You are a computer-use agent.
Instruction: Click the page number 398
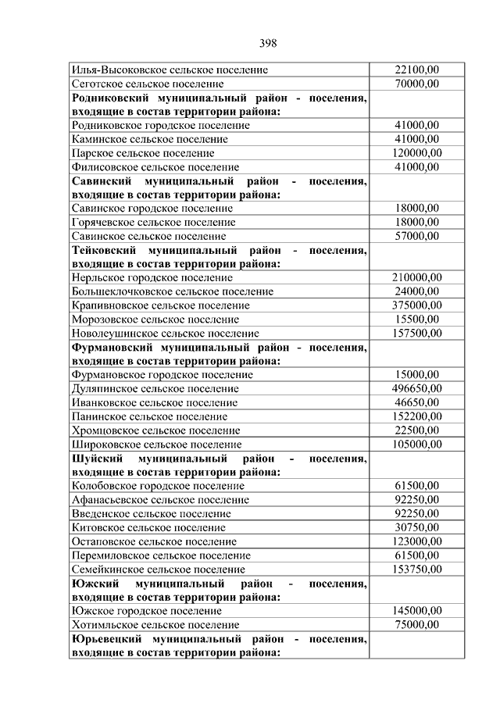click(x=266, y=42)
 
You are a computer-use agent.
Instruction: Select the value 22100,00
click(x=416, y=70)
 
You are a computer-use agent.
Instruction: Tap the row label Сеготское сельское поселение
click(x=147, y=84)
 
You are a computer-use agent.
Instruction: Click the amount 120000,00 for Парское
click(x=416, y=153)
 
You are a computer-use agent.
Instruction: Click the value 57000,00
click(x=416, y=236)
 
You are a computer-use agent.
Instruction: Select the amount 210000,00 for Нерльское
click(x=416, y=277)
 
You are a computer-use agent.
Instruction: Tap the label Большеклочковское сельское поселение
click(x=172, y=291)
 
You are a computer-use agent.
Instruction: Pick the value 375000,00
click(x=416, y=305)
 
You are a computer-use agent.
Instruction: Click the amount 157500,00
click(x=416, y=333)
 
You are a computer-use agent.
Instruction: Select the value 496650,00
click(x=416, y=388)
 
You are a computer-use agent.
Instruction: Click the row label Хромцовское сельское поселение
click(x=155, y=430)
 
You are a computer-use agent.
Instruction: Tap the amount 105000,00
click(x=416, y=444)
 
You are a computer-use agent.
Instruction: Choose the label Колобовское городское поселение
click(x=157, y=486)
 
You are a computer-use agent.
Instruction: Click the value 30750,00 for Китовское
click(x=416, y=527)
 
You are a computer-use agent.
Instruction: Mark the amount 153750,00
click(x=416, y=569)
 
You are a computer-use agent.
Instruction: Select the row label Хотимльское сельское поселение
click(x=155, y=625)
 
